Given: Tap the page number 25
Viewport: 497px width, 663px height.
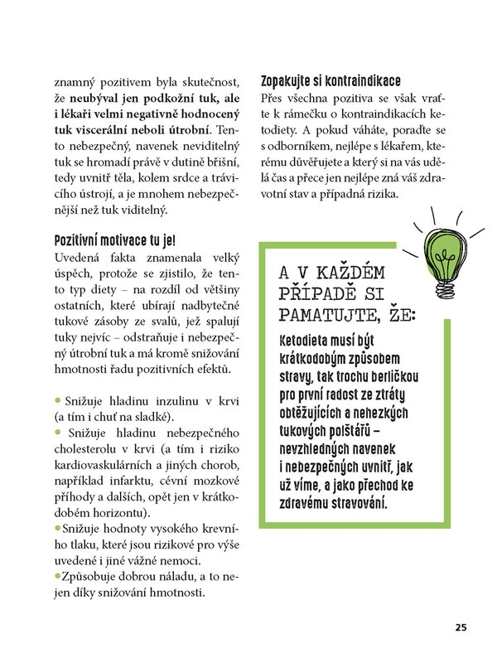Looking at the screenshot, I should pyautogui.click(x=461, y=626).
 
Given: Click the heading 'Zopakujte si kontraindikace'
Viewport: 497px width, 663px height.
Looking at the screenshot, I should pyautogui.click(x=331, y=81).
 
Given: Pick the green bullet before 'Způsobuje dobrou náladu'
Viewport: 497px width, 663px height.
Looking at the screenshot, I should pyautogui.click(x=56, y=577).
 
